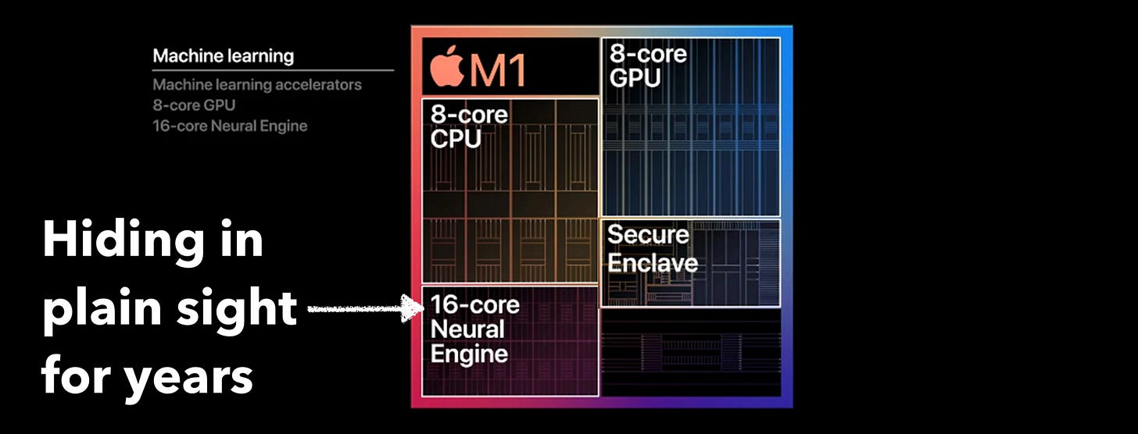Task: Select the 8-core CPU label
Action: pos(469,126)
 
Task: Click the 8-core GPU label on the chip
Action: pos(648,66)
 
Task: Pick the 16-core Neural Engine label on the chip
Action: pos(474,329)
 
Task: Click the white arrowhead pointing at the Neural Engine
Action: pos(409,308)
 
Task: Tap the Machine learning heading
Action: pos(223,56)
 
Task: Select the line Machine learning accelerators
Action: pos(257,84)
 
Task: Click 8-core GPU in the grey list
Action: pos(194,105)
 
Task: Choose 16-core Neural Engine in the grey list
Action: pos(230,126)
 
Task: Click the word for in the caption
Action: pos(73,377)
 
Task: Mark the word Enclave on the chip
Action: pos(652,262)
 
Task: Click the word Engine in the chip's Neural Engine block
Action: pos(469,354)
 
